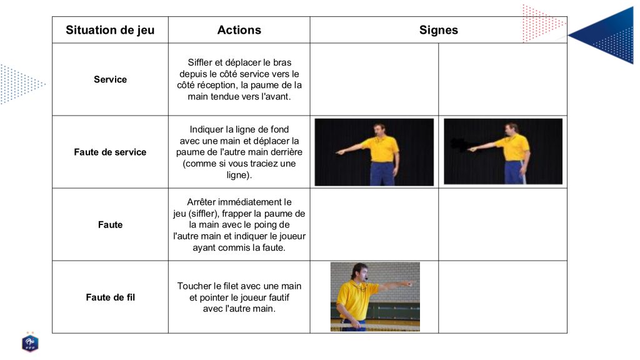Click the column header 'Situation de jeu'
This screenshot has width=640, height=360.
(110, 30)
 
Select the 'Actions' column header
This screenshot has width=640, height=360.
(239, 30)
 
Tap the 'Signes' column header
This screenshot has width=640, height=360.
(438, 30)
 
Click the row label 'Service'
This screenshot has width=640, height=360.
(110, 79)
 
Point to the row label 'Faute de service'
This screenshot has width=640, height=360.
(110, 152)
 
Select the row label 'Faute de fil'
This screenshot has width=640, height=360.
(110, 297)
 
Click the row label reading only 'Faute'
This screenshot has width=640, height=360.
(110, 224)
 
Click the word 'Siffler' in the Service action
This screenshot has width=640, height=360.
(200, 62)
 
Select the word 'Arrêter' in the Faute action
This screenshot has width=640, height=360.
(201, 202)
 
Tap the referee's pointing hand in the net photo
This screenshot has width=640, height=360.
(407, 283)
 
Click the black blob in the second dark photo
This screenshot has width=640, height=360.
(459, 144)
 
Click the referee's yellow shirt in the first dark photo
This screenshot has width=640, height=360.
(382, 149)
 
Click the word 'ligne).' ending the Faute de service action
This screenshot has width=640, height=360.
(239, 175)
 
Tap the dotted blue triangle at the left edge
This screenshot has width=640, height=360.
(21, 84)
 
